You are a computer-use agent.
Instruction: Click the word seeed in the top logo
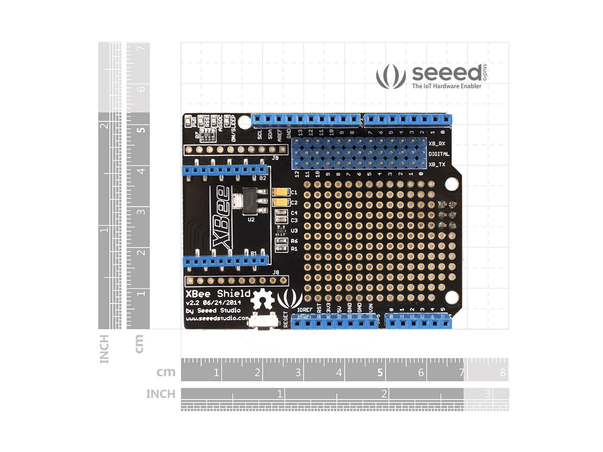tap(447, 73)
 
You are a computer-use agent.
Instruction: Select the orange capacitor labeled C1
tap(281, 192)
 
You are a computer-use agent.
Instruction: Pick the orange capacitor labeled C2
tap(281, 202)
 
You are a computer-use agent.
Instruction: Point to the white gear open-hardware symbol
tap(262, 300)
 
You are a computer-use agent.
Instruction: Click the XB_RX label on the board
tap(437, 144)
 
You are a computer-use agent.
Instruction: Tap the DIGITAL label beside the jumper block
tap(438, 154)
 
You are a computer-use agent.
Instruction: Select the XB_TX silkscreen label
tap(437, 164)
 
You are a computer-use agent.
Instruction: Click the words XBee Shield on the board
tap(218, 294)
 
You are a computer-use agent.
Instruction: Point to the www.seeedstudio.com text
tap(217, 319)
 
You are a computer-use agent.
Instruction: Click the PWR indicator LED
tap(188, 122)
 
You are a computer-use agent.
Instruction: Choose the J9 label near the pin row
tap(275, 158)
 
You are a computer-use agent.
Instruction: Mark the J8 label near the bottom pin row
tap(276, 272)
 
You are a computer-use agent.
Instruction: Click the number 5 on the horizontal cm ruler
tap(380, 372)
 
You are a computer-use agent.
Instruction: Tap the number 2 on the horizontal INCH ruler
tap(384, 393)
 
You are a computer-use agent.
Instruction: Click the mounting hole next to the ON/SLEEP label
tap(244, 121)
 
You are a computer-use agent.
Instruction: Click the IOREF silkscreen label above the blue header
tap(305, 310)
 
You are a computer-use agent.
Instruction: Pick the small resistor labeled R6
tap(281, 241)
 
